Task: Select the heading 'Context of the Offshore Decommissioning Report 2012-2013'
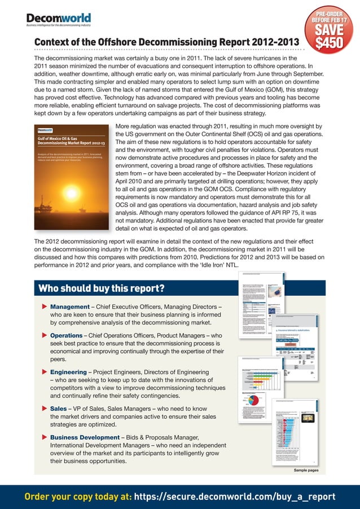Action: coord(165,43)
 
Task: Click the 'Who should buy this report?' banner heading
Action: coord(101,289)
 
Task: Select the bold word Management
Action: coord(74,307)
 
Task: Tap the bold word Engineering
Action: coord(73,372)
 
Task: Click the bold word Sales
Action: coord(60,409)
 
